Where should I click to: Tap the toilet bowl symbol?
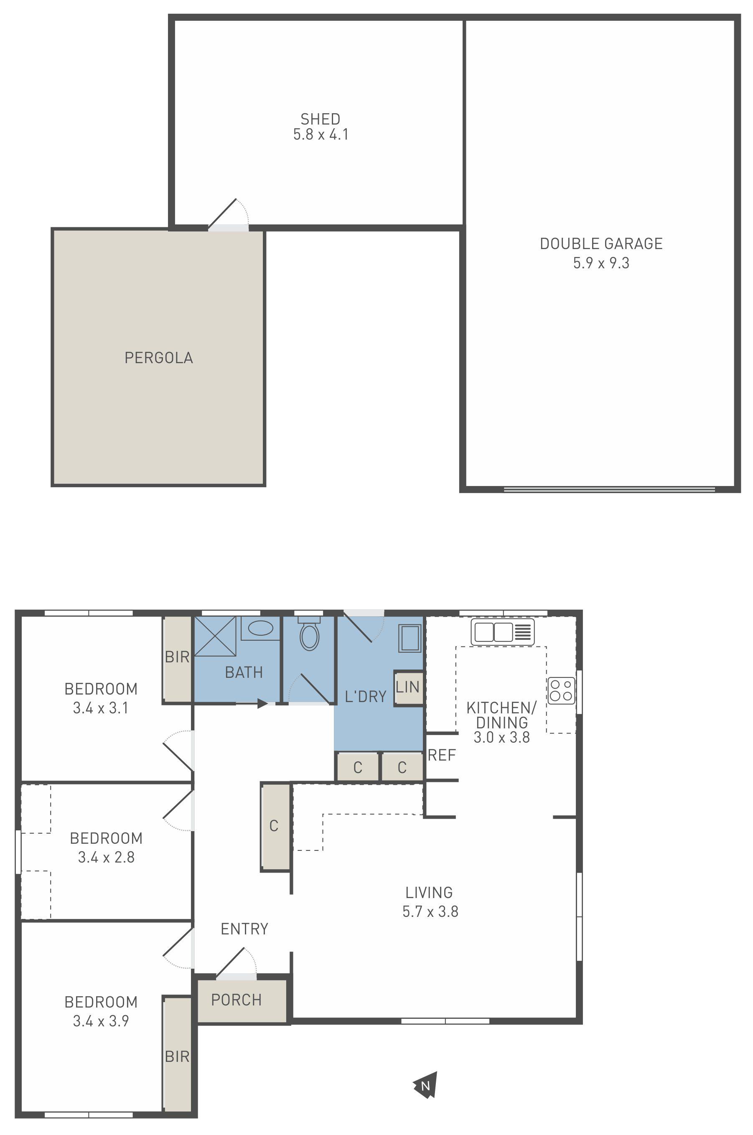pos(310,634)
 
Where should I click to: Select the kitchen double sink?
pos(502,632)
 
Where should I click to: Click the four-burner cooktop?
pos(561,690)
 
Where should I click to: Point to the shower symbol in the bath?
pos(215,636)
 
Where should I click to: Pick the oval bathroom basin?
pos(260,628)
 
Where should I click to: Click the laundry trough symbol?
pos(410,638)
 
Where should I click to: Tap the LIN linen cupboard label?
pos(408,687)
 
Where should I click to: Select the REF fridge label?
pos(441,755)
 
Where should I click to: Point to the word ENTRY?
pos(244,929)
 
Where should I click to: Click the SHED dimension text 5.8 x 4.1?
pos(321,135)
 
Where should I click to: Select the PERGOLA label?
pos(158,358)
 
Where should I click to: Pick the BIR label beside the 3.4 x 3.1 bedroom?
pos(177,657)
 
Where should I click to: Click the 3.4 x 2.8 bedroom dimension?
pos(106,857)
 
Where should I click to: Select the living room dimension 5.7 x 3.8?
pos(430,911)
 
